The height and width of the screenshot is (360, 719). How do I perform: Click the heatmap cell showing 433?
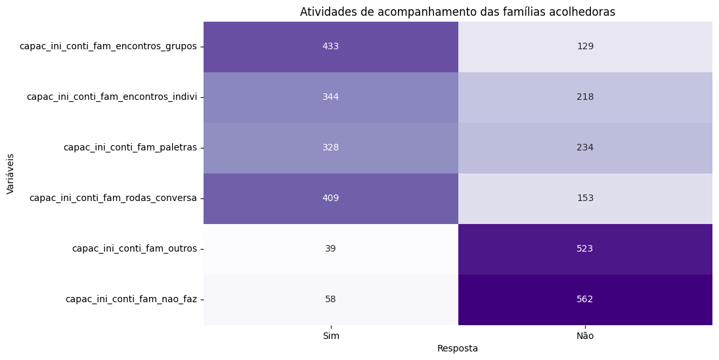(330, 47)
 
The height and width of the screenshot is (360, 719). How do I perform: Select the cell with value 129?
(584, 47)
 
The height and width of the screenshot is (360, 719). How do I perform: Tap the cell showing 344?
(330, 97)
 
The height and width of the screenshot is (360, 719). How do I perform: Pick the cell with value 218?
(584, 97)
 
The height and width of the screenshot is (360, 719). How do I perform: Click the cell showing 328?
(330, 148)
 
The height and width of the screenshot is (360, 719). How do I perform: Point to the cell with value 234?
(584, 148)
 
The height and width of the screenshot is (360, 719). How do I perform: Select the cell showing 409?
(330, 198)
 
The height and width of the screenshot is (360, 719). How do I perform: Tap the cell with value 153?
(584, 198)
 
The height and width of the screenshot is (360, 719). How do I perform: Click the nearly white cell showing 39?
(330, 249)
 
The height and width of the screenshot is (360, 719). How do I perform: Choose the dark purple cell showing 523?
(584, 249)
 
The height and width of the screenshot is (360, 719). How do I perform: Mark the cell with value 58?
(330, 300)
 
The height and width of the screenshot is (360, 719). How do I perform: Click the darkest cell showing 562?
(584, 300)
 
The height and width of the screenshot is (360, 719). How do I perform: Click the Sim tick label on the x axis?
(331, 336)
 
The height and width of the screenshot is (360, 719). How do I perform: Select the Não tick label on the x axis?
(585, 336)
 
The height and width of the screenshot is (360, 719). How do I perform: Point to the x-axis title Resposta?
(458, 349)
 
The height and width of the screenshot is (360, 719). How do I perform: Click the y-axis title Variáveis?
(11, 173)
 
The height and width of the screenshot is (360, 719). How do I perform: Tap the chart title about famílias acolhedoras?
(458, 12)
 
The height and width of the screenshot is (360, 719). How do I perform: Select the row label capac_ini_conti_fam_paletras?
(130, 148)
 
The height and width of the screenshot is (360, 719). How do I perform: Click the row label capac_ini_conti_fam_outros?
(134, 249)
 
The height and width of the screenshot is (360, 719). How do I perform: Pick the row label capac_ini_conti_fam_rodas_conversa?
(113, 198)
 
